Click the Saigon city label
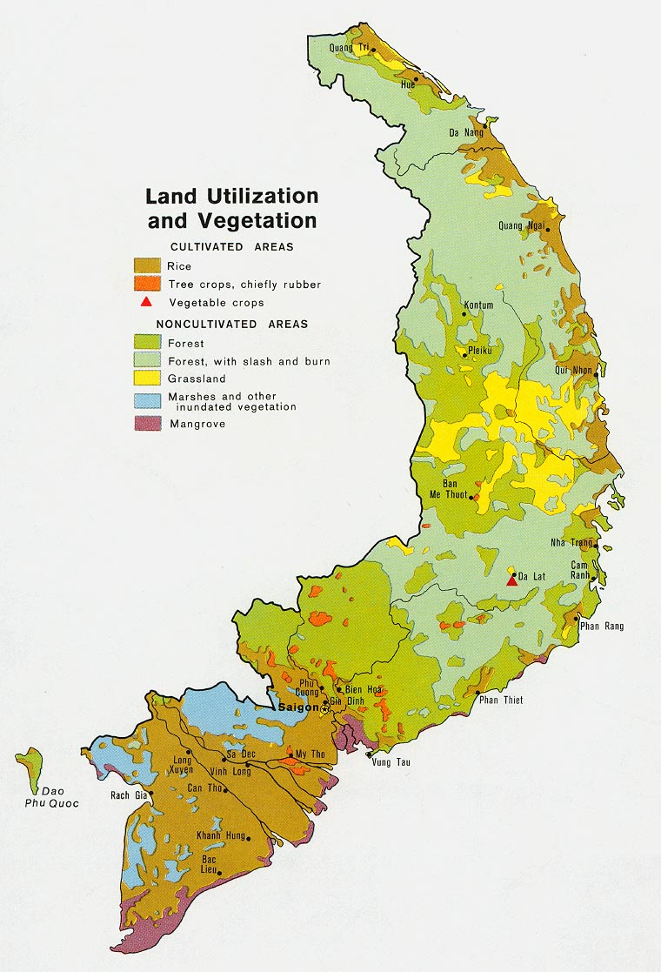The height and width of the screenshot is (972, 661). pos(298,707)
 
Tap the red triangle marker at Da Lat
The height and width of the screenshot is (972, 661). pos(512,581)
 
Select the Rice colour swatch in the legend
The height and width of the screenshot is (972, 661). pos(146,265)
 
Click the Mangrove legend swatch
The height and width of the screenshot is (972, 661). pos(146,423)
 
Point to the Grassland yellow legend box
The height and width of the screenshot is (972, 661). pos(146,379)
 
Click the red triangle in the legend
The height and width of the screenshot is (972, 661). pos(146,302)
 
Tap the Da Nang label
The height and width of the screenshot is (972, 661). pos(466,132)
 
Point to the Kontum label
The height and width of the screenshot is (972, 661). pos(478,305)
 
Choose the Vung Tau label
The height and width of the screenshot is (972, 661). pos(391,763)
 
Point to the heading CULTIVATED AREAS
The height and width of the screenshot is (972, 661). pos(231,247)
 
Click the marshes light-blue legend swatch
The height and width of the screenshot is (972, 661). pos(146,400)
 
